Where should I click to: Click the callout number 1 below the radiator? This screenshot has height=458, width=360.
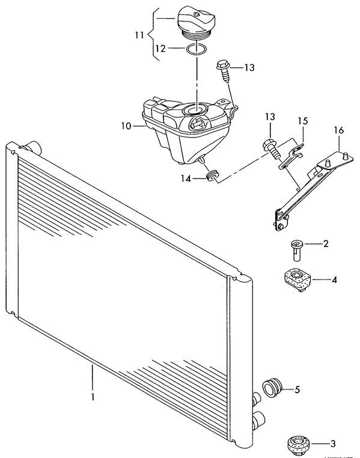[93, 397]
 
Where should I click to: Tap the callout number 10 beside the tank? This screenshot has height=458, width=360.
[127, 126]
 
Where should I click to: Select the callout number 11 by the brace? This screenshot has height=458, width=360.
[139, 35]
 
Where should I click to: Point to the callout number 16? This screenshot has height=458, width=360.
[339, 130]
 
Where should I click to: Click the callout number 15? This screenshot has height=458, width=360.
[303, 121]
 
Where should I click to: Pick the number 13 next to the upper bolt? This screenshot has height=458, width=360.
[249, 67]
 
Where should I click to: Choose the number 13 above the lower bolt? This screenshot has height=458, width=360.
[270, 117]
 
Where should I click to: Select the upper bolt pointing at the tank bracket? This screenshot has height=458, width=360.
[224, 70]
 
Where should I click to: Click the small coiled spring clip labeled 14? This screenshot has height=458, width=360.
[213, 176]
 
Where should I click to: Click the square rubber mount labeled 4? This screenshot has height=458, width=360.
[297, 280]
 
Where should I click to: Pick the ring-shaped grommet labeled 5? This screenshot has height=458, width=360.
[272, 388]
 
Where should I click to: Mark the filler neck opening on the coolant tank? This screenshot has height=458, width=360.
[195, 109]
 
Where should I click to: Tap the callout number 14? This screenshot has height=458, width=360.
[186, 179]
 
